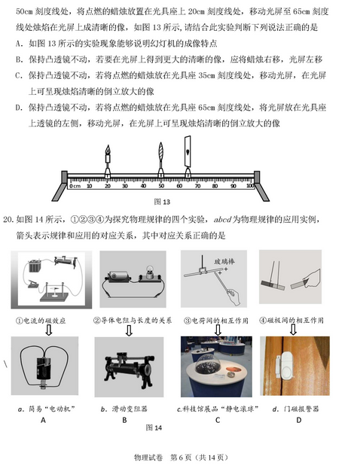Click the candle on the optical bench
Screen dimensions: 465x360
[x=107, y=163]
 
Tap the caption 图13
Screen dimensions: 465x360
[x=162, y=202]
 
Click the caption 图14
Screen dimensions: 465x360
[x=153, y=427]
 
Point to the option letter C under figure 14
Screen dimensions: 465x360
[x=217, y=419]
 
